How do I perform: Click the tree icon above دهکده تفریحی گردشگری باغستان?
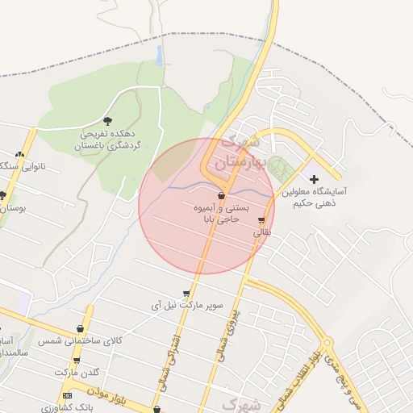tap(108, 120)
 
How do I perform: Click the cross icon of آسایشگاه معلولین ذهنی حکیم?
tap(314, 179)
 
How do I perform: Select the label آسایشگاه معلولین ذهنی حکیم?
tap(315, 198)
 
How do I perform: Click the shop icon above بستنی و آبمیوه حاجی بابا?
tap(222, 195)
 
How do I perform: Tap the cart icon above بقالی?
tap(261, 219)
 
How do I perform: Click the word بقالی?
tap(264, 232)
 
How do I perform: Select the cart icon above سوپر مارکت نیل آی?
tap(187, 294)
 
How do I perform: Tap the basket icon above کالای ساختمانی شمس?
tap(80, 328)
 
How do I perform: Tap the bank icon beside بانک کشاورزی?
tap(67, 395)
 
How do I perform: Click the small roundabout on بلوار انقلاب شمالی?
tap(327, 341)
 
